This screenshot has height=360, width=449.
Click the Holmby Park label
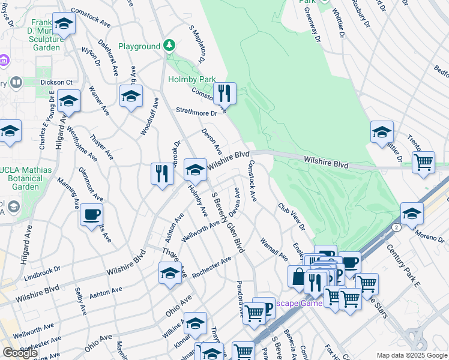click(191, 79)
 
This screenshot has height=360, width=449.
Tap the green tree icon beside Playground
click(170, 46)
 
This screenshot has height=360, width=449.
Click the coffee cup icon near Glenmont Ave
click(91, 214)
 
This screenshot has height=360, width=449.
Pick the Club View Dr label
click(291, 217)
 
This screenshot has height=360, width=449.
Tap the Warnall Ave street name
click(274, 248)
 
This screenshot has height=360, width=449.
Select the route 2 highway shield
click(396, 227)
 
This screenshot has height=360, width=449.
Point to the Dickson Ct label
click(56, 82)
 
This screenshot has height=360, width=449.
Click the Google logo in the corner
click(19, 353)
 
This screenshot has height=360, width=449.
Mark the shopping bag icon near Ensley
click(298, 277)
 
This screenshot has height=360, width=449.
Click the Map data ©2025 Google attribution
click(412, 355)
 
